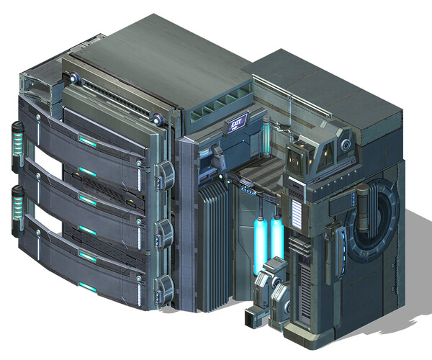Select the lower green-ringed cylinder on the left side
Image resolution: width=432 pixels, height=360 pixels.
coord(17,209)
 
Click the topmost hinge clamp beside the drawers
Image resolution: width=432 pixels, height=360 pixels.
coord(166,174)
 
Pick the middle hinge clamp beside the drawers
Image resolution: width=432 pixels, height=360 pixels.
coord(166,231)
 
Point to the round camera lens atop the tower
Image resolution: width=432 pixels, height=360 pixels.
coord(347,145)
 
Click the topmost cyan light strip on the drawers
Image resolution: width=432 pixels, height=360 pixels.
coord(87,141)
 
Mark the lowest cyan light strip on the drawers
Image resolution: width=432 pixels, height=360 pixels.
coord(87,288)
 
